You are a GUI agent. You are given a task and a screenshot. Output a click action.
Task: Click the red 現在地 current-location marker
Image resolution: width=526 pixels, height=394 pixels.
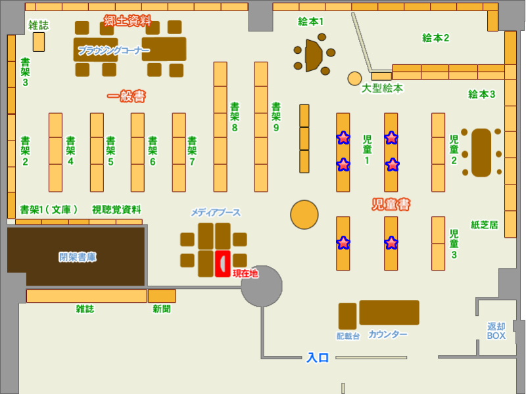pos(223,263)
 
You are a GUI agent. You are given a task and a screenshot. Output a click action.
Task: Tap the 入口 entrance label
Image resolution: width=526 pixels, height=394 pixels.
pos(318,358)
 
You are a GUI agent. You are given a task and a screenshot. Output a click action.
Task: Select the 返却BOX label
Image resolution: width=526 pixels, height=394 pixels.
pos(496,331)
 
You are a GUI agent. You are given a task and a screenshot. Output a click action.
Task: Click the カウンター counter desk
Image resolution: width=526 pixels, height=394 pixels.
pos(389,313)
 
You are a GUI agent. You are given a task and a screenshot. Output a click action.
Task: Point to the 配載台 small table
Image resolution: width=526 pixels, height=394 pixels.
pos(347,316)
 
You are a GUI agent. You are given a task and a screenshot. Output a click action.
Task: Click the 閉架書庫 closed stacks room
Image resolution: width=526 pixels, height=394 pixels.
pos(77,257)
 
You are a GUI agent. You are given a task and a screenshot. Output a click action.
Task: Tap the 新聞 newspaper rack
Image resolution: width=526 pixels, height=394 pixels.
pos(161,295)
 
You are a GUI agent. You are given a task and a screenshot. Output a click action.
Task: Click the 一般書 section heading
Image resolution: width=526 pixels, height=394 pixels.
pos(126,97)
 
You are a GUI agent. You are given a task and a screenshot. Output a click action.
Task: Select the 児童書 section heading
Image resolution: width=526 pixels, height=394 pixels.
pos(391,205)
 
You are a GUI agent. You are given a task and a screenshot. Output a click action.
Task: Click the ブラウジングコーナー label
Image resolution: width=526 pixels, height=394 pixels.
pos(114,51)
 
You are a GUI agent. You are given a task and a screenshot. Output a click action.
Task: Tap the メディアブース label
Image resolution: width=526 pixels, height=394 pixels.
pos(216,213)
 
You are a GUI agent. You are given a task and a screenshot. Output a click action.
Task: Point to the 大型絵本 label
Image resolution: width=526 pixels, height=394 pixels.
pos(382,88)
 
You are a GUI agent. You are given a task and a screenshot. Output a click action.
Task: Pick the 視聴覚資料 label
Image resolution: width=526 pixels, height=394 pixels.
pos(116,209)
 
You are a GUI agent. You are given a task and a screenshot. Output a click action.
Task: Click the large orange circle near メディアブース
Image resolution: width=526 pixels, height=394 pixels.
pos(304,214)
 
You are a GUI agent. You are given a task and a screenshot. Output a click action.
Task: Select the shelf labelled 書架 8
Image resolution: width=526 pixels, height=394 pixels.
pos(220,126)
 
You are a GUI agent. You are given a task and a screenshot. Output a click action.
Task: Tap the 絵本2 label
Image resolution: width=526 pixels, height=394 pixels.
pos(435,38)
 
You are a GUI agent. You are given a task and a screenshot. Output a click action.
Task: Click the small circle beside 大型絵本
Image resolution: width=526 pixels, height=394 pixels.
pos(355,79)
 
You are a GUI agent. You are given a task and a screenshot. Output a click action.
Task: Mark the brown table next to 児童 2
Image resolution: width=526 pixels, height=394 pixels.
pos(481,152)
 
